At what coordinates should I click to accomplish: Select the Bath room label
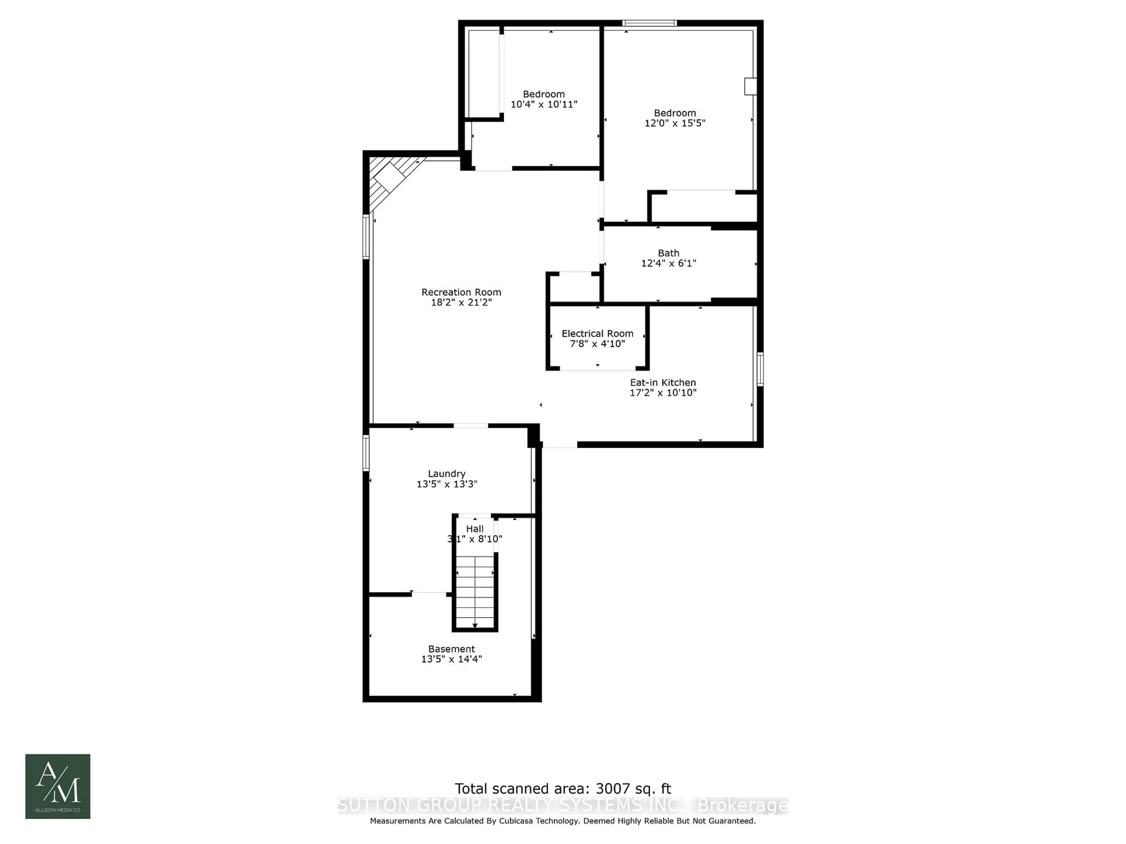[668, 253]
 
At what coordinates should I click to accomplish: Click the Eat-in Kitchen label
[662, 382]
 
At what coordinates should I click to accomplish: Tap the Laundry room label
[446, 474]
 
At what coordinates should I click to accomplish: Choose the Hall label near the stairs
[474, 529]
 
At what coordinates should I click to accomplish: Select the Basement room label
[451, 649]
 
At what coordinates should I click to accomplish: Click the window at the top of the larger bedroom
[650, 23]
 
